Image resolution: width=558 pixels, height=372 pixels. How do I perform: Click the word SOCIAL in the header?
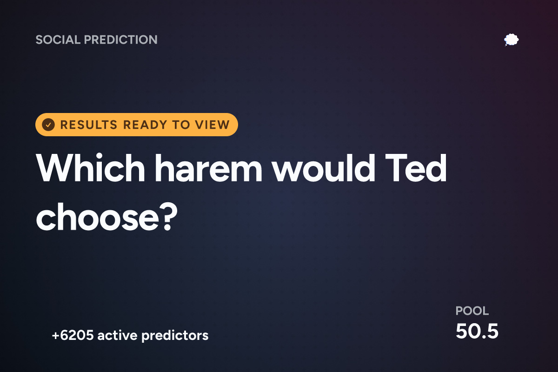click(58, 40)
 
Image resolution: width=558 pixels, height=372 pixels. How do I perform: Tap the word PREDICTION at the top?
click(121, 40)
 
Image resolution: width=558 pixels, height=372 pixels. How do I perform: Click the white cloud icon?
click(511, 40)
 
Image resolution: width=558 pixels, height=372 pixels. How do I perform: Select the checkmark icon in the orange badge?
click(48, 125)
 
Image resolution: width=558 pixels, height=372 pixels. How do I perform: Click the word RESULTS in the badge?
click(89, 125)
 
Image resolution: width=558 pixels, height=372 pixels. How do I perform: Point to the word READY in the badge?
click(145, 125)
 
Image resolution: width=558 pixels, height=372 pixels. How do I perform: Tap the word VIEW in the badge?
click(212, 125)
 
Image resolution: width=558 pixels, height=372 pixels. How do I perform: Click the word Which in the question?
click(90, 168)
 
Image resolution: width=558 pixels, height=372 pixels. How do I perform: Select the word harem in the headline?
click(208, 168)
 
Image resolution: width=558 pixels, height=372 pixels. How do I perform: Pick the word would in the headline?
click(323, 168)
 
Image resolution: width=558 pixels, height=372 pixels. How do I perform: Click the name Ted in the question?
click(416, 168)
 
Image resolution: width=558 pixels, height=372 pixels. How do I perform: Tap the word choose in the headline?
click(97, 217)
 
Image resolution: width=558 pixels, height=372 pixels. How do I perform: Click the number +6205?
click(73, 335)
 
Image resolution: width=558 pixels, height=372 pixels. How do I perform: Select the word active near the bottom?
click(117, 335)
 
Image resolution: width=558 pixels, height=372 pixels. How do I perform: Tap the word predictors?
click(175, 336)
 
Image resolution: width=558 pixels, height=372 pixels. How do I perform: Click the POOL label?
click(472, 311)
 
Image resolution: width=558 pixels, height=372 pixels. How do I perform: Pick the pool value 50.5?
click(477, 331)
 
